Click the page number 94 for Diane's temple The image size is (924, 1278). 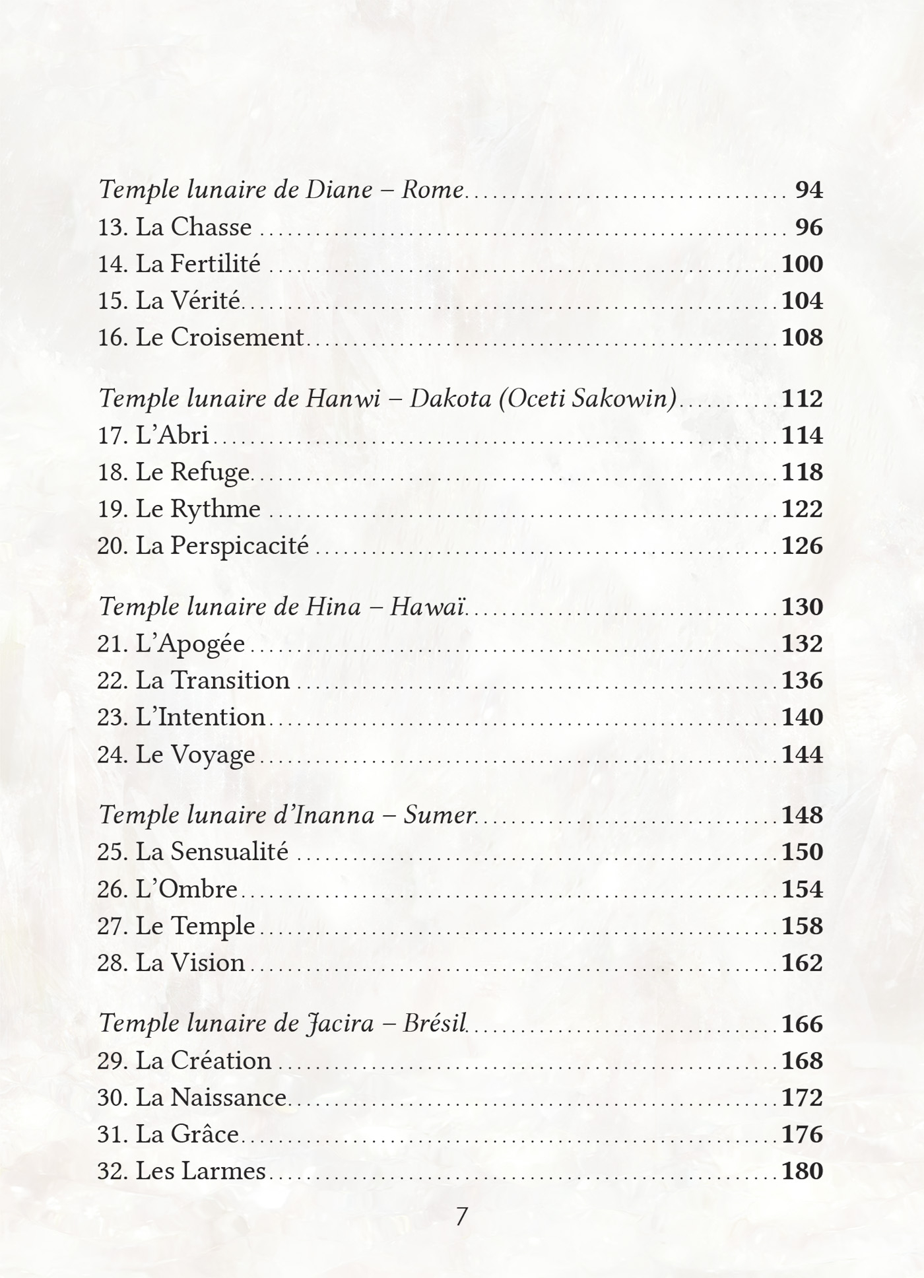point(808,190)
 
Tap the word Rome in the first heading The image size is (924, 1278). point(432,190)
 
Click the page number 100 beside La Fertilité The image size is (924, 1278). point(802,264)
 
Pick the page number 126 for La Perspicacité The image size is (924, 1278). point(802,546)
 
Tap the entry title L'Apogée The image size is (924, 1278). point(190,644)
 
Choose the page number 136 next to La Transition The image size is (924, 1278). point(802,681)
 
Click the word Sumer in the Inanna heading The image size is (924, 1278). point(439,815)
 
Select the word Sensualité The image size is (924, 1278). point(229,852)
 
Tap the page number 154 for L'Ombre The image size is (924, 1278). point(802,889)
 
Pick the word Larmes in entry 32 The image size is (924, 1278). point(222,1171)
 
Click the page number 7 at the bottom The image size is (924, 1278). point(462,1217)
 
